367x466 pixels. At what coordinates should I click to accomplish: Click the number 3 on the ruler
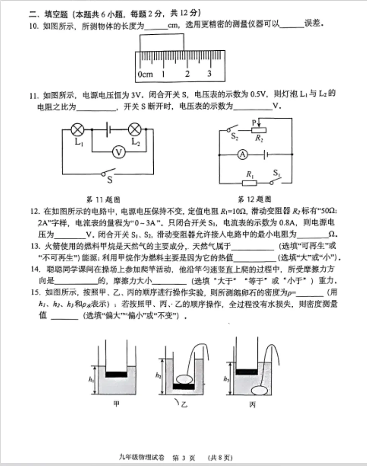point(209,73)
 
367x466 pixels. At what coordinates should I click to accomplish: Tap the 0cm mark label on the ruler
point(145,74)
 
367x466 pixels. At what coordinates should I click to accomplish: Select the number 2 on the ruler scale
point(187,73)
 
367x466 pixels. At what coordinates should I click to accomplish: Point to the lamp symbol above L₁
point(77,129)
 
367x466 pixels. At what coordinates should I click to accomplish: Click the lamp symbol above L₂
point(135,129)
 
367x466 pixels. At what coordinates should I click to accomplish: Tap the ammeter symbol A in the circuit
point(243,155)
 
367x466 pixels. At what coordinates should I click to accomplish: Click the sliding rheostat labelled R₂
point(259,129)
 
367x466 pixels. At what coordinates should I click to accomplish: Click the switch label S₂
point(235,137)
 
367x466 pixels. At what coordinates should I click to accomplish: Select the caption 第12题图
point(254,199)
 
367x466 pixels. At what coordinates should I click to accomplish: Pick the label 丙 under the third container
point(252,405)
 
